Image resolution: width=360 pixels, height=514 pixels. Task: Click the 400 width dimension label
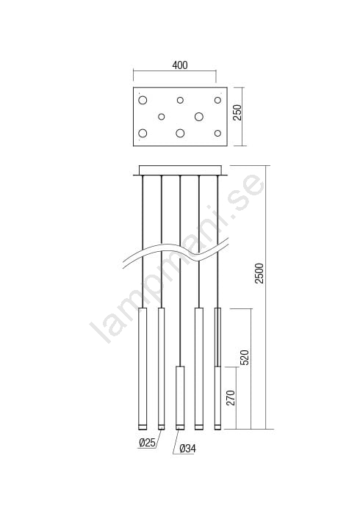(180, 65)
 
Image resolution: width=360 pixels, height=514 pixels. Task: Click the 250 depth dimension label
(237, 112)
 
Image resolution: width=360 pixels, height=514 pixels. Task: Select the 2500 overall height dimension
(259, 273)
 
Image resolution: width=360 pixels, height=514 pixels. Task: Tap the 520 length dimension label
(245, 358)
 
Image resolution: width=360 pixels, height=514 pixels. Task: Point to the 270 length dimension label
(231, 398)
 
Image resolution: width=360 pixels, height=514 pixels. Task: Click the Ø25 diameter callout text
(147, 443)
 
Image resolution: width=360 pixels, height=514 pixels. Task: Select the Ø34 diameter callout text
(188, 449)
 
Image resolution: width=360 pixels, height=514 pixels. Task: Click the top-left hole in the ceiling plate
(143, 100)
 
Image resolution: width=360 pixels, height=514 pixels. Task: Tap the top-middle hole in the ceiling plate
(180, 100)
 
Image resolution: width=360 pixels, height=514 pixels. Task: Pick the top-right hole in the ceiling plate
(217, 100)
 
